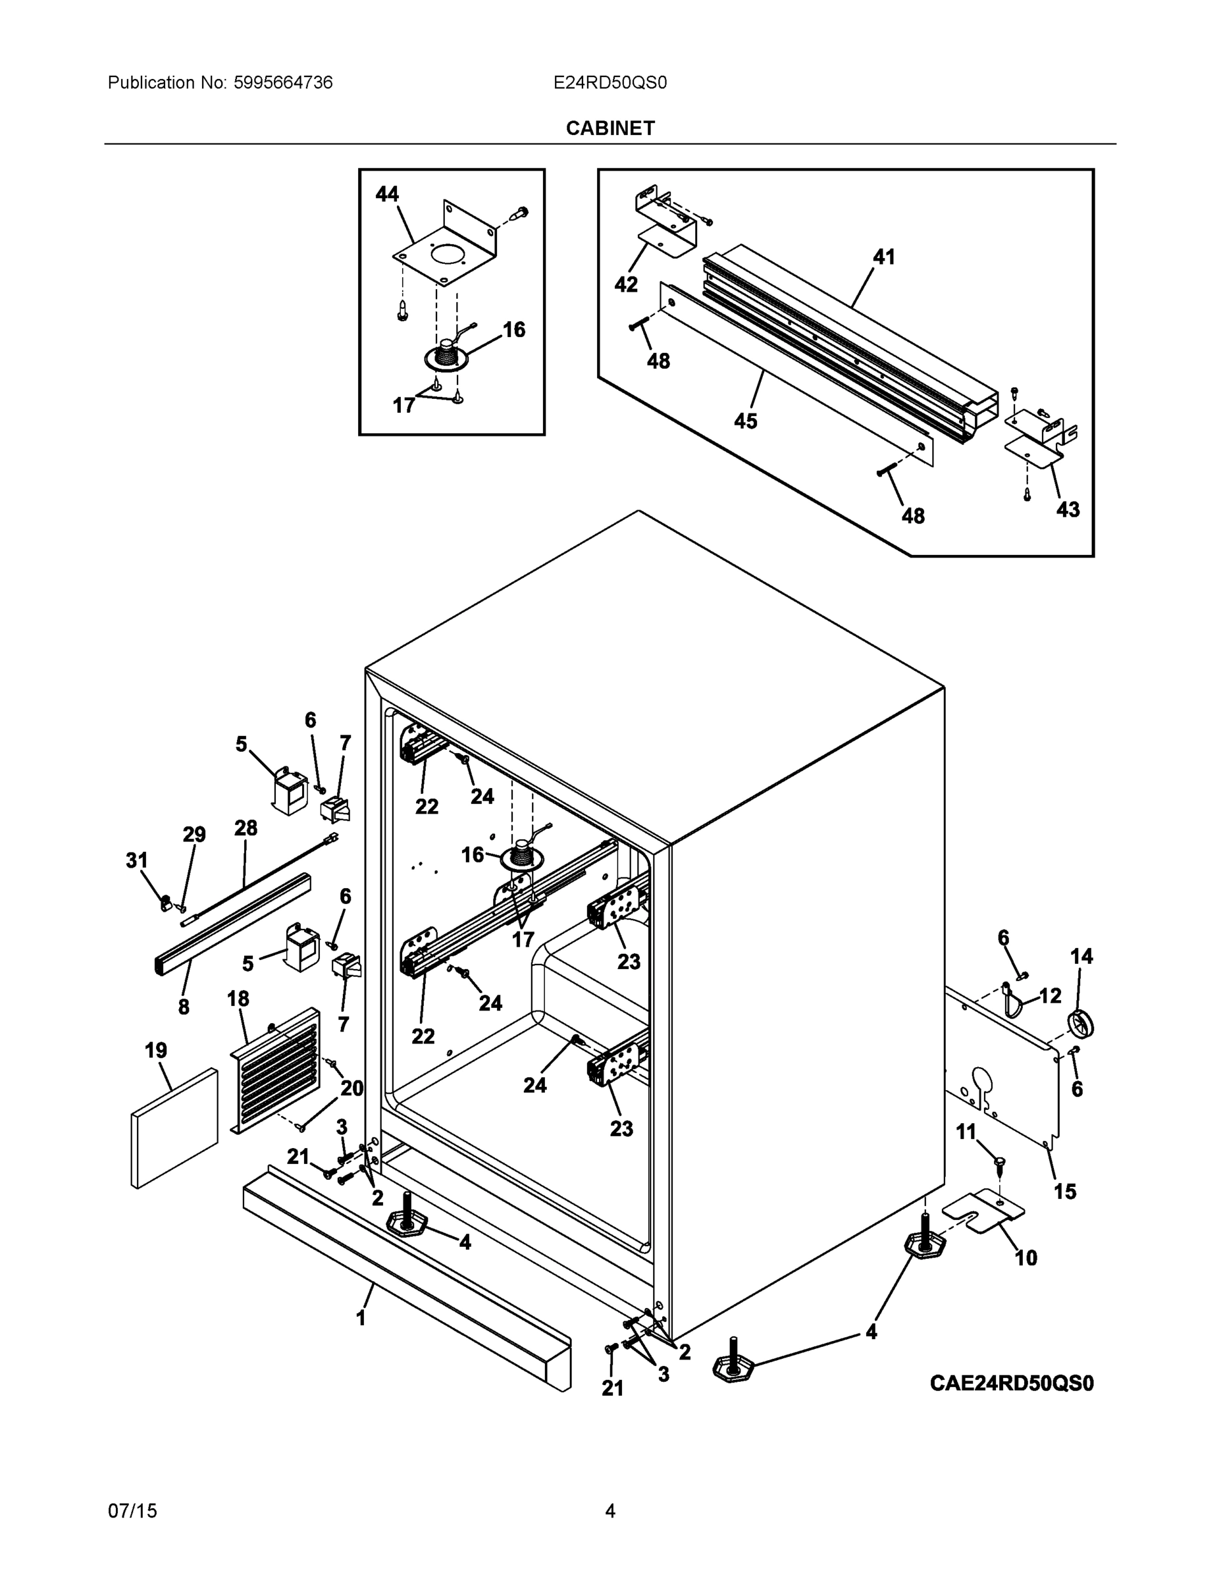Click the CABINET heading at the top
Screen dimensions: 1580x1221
[x=610, y=128]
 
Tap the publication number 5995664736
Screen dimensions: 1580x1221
[x=283, y=82]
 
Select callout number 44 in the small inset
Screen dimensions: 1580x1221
[x=387, y=194]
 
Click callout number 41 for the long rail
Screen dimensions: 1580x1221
[x=884, y=257]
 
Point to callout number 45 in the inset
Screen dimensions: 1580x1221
[x=745, y=421]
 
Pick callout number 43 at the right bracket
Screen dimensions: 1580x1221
[x=1068, y=510]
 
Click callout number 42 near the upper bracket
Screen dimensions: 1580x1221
[x=626, y=285]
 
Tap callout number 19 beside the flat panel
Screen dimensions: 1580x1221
[x=156, y=1051]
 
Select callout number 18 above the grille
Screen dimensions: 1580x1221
[x=238, y=999]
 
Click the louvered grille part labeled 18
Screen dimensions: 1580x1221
[x=275, y=1070]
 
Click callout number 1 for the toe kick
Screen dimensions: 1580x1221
[x=361, y=1318]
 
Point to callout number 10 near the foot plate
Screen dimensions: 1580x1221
[x=1026, y=1258]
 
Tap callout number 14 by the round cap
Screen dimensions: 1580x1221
[x=1081, y=957]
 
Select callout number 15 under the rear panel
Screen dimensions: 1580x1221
[x=1065, y=1191]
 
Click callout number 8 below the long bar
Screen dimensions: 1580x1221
[x=184, y=1007]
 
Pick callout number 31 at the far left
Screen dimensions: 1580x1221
[x=137, y=860]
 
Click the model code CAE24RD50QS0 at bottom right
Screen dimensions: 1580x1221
[x=1011, y=1383]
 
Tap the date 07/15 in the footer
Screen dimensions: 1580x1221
[x=132, y=1511]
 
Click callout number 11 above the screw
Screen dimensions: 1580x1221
[x=966, y=1132]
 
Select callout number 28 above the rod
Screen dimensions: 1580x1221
[x=246, y=828]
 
